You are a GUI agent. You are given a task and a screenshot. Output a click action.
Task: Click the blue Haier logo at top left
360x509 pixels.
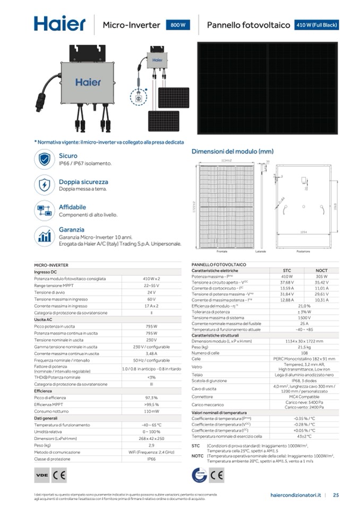tap(59, 24)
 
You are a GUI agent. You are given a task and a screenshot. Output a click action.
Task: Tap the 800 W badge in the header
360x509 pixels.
tap(178, 25)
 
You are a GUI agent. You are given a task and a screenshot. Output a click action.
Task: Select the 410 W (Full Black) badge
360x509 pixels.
tap(316, 25)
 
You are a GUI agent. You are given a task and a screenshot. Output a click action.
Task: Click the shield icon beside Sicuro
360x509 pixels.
tap(45, 159)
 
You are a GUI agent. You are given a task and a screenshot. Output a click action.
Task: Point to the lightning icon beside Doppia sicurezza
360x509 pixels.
tap(45, 185)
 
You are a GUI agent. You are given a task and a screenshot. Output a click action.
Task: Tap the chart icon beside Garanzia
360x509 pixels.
tap(45, 236)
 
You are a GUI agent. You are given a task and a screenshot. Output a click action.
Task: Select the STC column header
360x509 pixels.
tap(287, 270)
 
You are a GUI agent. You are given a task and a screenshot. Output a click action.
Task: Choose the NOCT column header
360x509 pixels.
tap(321, 270)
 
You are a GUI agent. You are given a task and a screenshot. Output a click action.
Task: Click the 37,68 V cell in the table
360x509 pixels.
tap(287, 282)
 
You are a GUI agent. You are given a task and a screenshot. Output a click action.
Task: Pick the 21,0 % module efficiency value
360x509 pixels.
tap(304, 306)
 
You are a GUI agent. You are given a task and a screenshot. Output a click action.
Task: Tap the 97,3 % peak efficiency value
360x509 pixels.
tap(151, 397)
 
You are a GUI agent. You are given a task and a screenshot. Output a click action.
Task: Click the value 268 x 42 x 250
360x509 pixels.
tap(151, 438)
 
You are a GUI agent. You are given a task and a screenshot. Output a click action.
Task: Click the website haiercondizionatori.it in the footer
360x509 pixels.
tap(295, 495)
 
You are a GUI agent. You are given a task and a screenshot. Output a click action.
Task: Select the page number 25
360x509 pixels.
tap(336, 495)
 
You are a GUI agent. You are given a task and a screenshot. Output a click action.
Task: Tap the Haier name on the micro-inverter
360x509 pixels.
tap(88, 82)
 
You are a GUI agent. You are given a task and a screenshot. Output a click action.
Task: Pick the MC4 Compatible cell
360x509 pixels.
tap(304, 396)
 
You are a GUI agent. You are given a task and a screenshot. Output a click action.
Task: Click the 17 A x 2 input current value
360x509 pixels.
tap(151, 306)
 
